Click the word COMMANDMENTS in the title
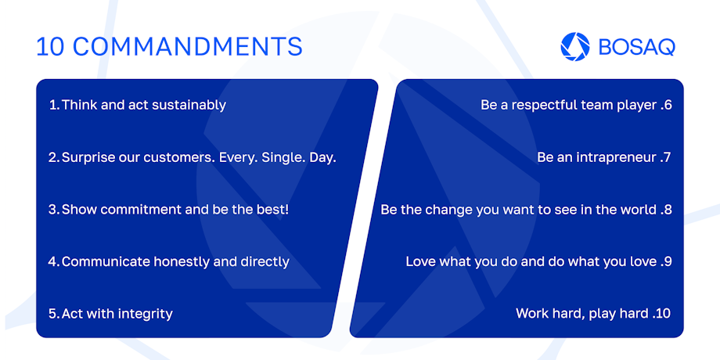187,47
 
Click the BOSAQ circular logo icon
575,46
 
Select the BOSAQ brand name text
637,47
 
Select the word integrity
145,314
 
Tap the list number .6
666,105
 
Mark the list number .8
666,210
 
